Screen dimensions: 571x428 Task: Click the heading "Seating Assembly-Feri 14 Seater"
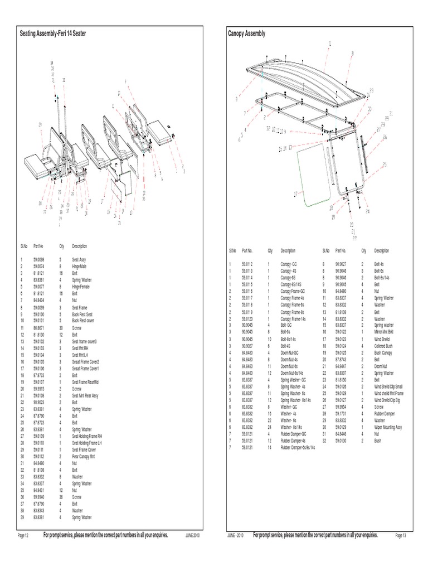coord(53,34)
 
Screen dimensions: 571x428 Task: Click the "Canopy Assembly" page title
coord(247,34)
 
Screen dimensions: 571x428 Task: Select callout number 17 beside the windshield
coord(295,194)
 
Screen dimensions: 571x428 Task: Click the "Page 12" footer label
coord(23,535)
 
